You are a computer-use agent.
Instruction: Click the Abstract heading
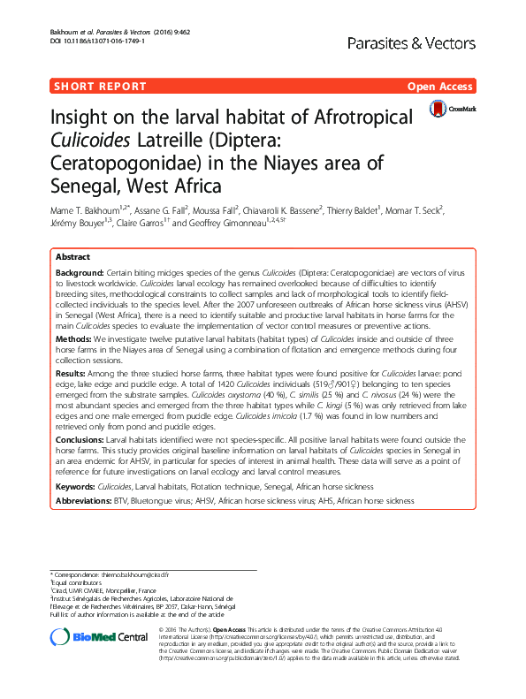tap(72, 255)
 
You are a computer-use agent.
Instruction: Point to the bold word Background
tap(80, 273)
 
